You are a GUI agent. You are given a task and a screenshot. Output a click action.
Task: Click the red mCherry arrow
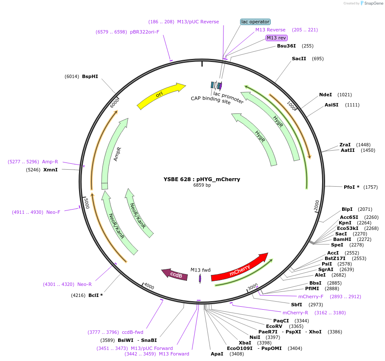239,268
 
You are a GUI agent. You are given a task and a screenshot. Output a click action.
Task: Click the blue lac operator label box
255,22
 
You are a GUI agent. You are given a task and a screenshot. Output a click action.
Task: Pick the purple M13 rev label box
276,38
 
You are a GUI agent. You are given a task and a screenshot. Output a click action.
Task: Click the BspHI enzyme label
90,76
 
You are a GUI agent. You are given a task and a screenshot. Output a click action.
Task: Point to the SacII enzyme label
299,59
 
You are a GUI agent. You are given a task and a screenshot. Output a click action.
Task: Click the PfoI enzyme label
351,187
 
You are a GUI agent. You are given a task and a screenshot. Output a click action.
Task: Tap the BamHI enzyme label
342,239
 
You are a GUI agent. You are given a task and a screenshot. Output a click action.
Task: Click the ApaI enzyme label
217,354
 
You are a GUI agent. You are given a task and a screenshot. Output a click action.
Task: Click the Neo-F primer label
53,212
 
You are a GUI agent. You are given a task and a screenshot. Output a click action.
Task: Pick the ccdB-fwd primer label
133,332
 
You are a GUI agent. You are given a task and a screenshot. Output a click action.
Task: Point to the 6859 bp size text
202,185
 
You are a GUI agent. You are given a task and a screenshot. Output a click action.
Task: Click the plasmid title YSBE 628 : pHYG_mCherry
202,179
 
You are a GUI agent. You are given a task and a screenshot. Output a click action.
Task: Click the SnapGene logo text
372,3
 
